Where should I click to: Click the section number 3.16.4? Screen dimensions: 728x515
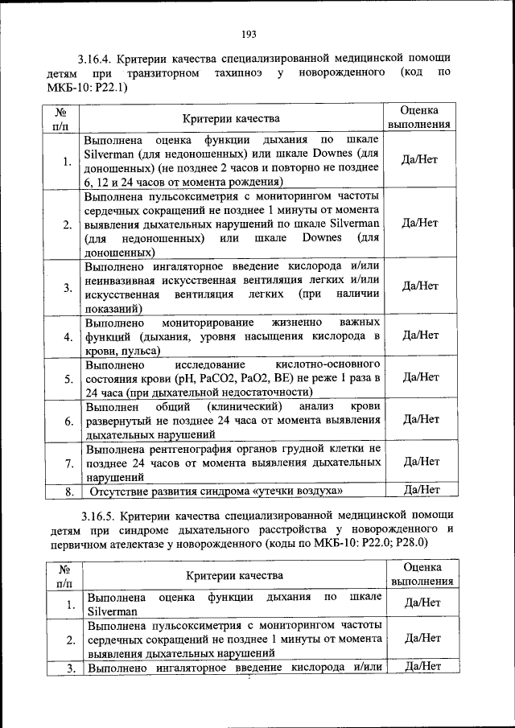96,58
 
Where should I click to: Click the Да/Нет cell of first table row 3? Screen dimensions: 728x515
419,286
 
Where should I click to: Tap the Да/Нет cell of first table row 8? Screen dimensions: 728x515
419,489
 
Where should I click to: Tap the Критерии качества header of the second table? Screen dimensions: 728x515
235,575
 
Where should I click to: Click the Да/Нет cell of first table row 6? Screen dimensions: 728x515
419,418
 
